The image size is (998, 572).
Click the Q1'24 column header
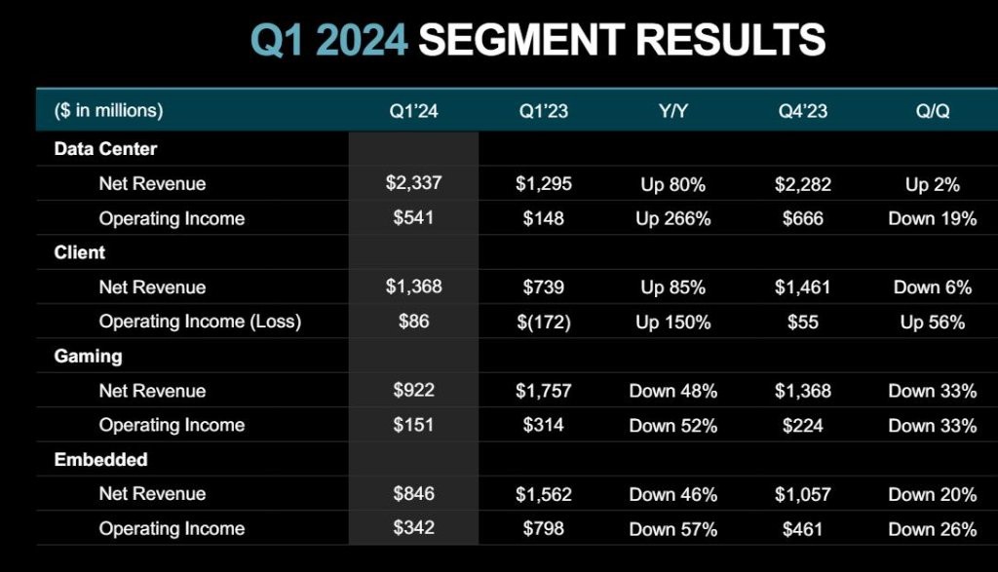(413, 111)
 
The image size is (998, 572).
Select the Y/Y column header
(672, 111)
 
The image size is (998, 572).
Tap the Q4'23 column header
(803, 111)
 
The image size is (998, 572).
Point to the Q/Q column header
(933, 111)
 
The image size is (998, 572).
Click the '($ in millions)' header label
(109, 111)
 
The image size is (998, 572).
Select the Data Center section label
(105, 149)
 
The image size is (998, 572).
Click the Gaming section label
(88, 357)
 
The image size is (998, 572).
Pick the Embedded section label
(100, 459)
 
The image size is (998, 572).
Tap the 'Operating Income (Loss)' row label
(200, 322)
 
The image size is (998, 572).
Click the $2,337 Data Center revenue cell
(413, 183)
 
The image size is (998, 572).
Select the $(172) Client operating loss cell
(544, 323)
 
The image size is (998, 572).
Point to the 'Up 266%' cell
(672, 219)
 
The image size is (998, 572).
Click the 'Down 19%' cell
(933, 219)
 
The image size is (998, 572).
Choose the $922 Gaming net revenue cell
(413, 390)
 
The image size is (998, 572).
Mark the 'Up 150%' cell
(672, 323)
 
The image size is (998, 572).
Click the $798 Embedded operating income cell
(544, 529)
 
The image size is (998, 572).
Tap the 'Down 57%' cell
(672, 529)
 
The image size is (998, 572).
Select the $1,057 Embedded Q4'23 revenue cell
(803, 495)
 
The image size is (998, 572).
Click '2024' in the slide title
(361, 39)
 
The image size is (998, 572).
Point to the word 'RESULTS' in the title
(731, 39)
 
